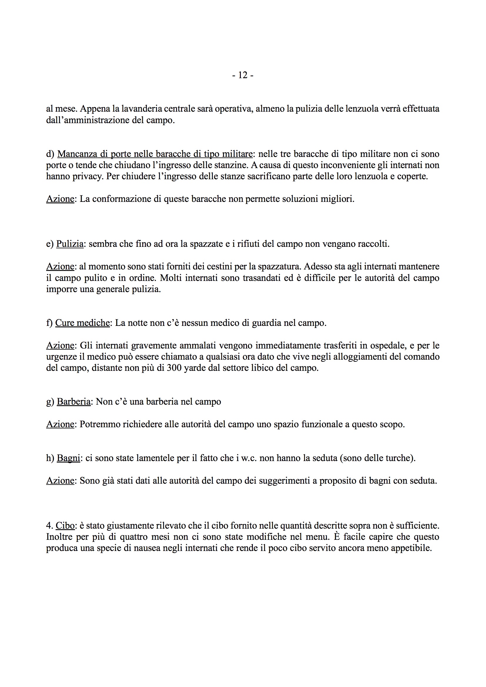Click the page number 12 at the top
tap(243, 75)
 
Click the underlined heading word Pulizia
tap(70, 244)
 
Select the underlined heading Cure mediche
tap(82, 323)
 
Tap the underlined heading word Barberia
tap(74, 402)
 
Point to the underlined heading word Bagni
tap(68, 458)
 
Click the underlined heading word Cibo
tap(65, 526)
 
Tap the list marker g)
tap(50, 402)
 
